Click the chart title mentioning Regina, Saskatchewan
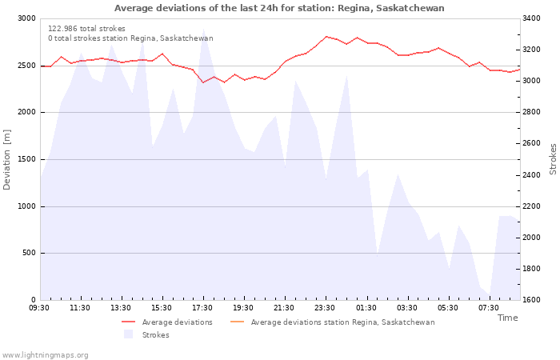pyautogui.click(x=279, y=8)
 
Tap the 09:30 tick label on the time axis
pyautogui.click(x=39, y=308)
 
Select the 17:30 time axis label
pyautogui.click(x=202, y=308)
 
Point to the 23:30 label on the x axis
pyautogui.click(x=325, y=308)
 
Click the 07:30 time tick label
pyautogui.click(x=488, y=308)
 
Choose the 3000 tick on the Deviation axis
pyautogui.click(x=26, y=18)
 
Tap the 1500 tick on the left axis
pyautogui.click(x=26, y=159)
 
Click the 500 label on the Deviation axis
pyautogui.click(x=29, y=253)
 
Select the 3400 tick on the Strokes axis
pyautogui.click(x=531, y=18)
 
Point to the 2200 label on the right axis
pyautogui.click(x=531, y=206)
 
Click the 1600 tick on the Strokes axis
pyautogui.click(x=531, y=300)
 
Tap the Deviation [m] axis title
pyautogui.click(x=6, y=160)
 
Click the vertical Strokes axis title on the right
pyautogui.click(x=553, y=159)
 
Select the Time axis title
pyautogui.click(x=507, y=318)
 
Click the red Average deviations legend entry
pyautogui.click(x=166, y=322)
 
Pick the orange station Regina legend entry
pyautogui.click(x=333, y=322)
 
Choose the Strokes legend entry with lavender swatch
pyautogui.click(x=146, y=334)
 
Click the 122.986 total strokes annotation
pyautogui.click(x=86, y=29)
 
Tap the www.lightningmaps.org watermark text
pyautogui.click(x=45, y=355)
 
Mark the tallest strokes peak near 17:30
pyautogui.click(x=203, y=29)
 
